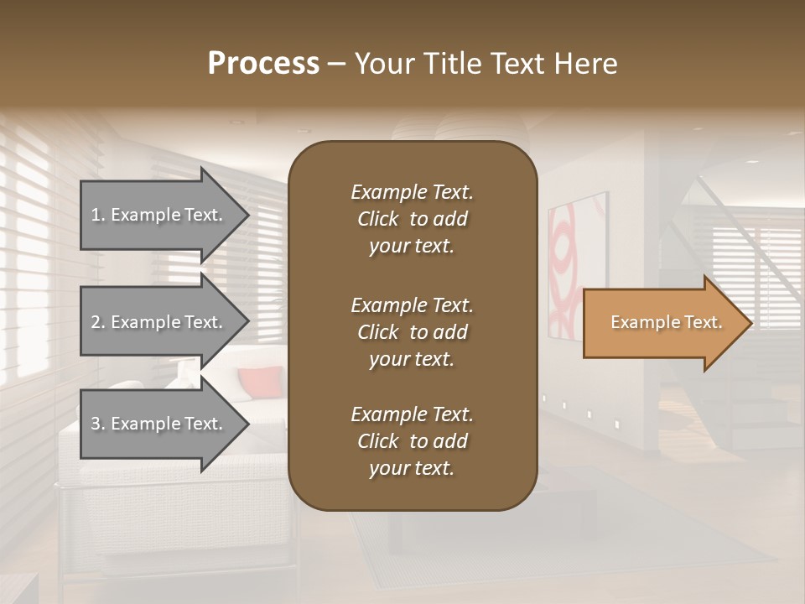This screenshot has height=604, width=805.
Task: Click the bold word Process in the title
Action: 263,63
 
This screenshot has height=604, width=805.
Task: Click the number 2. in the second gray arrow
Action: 98,322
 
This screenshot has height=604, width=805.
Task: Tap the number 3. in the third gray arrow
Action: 98,424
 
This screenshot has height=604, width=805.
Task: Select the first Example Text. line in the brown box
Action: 412,192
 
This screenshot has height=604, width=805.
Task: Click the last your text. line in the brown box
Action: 412,468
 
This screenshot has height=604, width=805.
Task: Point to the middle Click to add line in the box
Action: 412,332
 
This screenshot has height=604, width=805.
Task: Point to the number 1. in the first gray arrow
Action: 98,215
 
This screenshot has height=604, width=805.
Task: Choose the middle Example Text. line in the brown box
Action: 412,305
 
